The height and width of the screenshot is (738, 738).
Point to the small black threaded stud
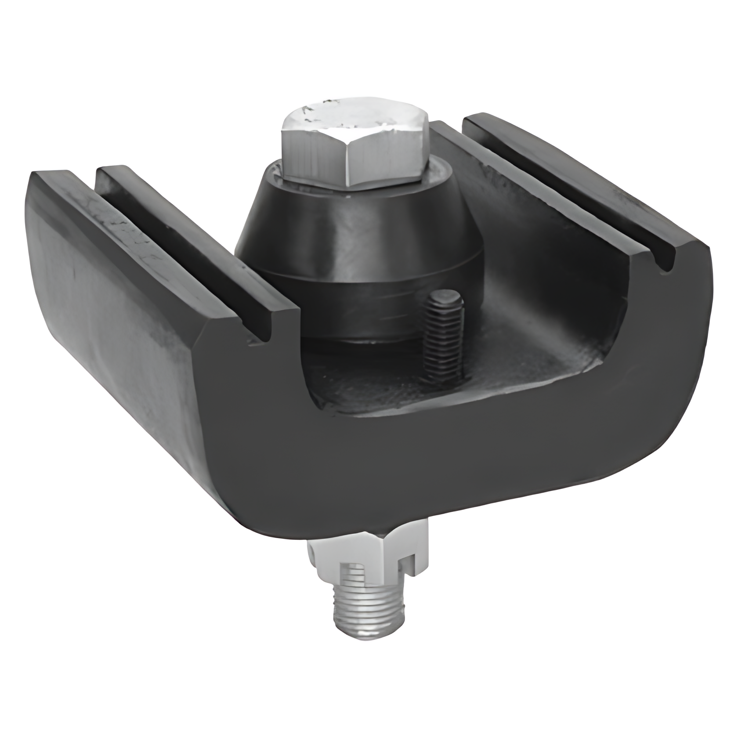coord(445,334)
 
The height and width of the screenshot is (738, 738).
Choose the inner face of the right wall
coord(549,246)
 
